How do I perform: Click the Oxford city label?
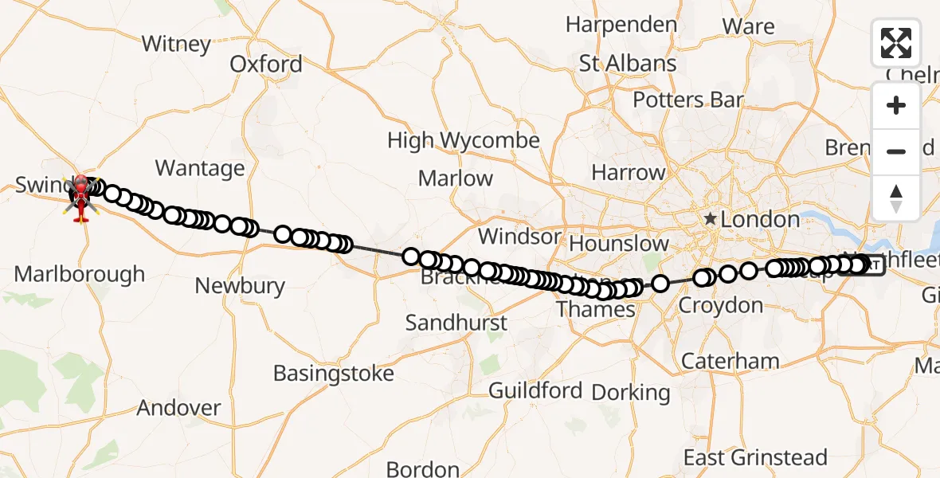(x=266, y=65)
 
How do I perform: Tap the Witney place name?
(x=176, y=43)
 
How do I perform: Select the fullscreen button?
(x=896, y=43)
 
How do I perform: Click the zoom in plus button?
(x=896, y=106)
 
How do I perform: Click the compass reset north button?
(x=896, y=198)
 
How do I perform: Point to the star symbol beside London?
(x=709, y=219)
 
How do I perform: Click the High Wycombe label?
(x=463, y=141)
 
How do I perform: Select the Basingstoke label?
(x=333, y=373)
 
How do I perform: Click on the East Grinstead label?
(x=755, y=458)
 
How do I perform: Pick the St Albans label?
(x=628, y=64)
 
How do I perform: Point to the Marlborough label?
(x=80, y=275)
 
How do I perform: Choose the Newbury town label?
(x=240, y=286)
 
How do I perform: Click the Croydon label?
(x=720, y=306)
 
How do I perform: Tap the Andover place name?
(x=178, y=408)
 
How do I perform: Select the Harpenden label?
(x=621, y=25)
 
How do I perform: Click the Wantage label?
(x=200, y=168)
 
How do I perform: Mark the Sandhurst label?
(x=456, y=323)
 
